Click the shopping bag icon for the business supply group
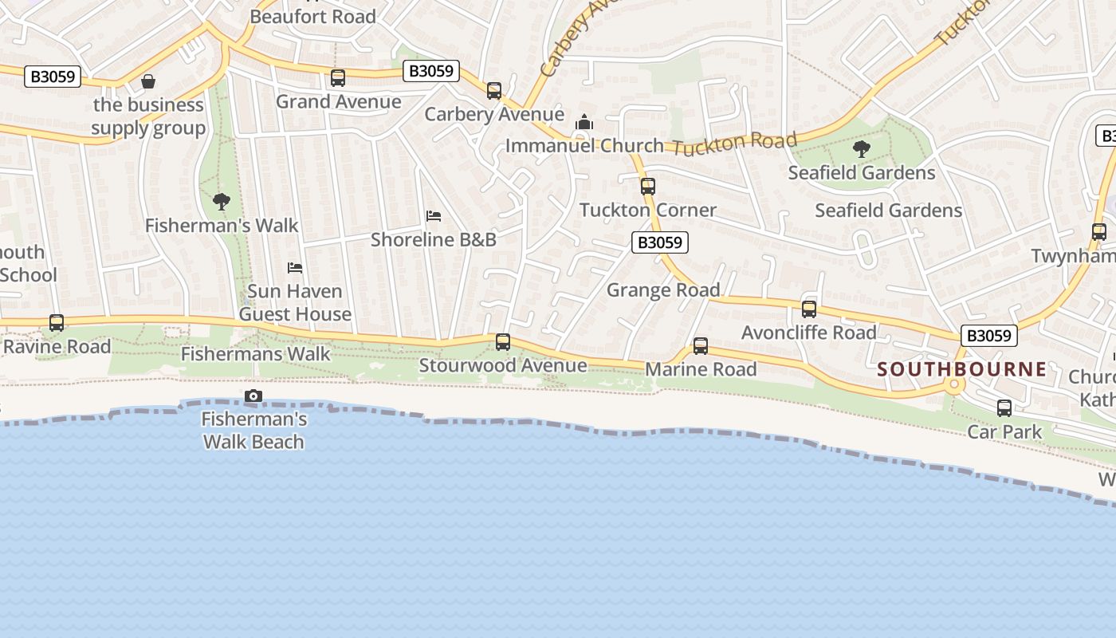(148, 81)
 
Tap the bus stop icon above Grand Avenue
(338, 78)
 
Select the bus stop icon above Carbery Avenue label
(494, 91)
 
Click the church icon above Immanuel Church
(584, 122)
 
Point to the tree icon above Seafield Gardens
(861, 148)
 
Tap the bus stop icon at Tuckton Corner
(648, 187)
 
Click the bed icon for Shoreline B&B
(434, 216)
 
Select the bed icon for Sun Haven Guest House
(295, 268)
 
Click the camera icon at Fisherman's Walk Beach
(253, 396)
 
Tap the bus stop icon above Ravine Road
(57, 323)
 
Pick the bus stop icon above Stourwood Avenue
(503, 342)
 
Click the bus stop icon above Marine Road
(701, 346)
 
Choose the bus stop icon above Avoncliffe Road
(809, 309)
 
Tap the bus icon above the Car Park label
(1004, 408)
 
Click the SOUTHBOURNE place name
(962, 369)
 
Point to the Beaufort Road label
(312, 16)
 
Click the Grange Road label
(663, 289)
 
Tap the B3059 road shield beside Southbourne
(989, 336)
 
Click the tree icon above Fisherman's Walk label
(222, 202)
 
